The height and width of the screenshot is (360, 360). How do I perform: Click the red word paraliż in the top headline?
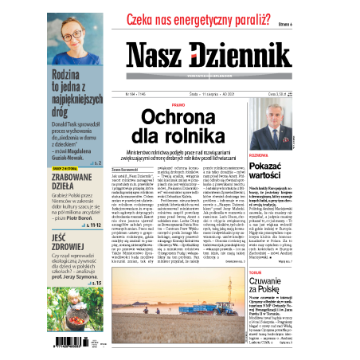[244, 23]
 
